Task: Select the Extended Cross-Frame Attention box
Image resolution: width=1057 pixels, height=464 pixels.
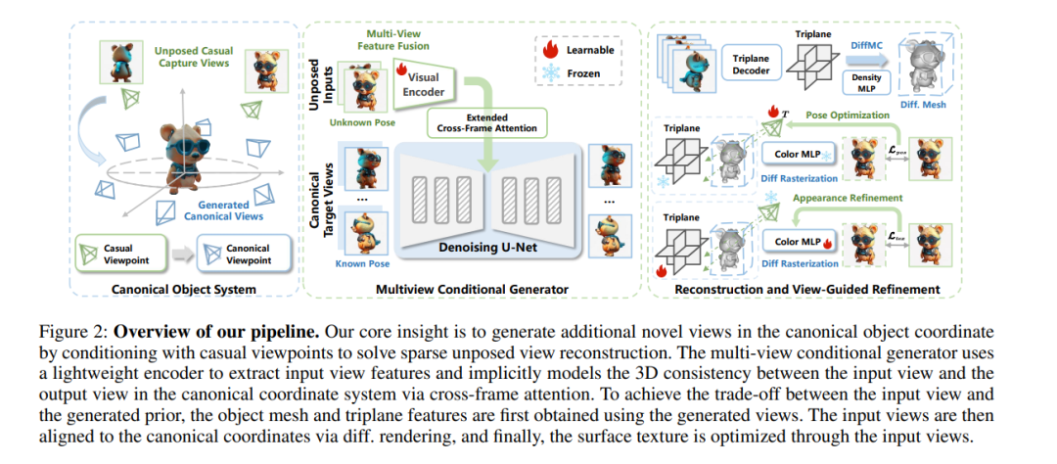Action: click(487, 123)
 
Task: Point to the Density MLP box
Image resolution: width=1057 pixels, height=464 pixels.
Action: click(865, 83)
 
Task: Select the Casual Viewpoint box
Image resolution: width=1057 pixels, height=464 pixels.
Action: click(120, 253)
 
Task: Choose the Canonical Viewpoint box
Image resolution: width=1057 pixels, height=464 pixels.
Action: click(244, 253)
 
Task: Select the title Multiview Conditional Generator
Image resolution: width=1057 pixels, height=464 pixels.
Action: click(472, 290)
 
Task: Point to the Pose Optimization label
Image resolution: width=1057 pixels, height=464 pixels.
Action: click(846, 116)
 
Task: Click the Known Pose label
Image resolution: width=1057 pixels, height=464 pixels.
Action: click(363, 263)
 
